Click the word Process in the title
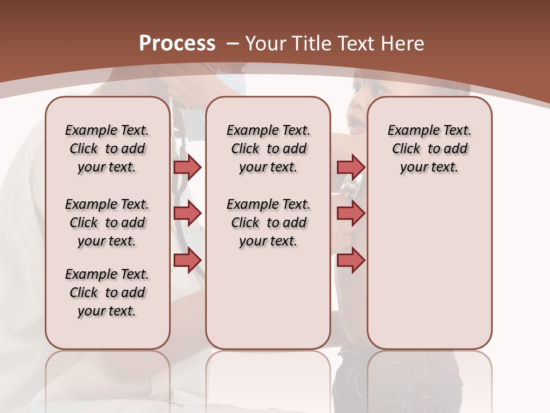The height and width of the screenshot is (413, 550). (x=177, y=44)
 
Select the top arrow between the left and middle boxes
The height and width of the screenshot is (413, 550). (x=187, y=167)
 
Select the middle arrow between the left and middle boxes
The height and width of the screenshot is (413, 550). (x=187, y=213)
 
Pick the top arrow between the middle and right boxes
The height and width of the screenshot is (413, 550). (x=351, y=167)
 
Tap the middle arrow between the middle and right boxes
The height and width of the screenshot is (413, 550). (x=351, y=213)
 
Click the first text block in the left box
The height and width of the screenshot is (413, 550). (x=107, y=149)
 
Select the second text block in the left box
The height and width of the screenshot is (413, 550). (x=107, y=223)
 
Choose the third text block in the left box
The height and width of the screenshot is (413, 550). (x=107, y=293)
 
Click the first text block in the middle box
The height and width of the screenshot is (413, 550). (x=268, y=149)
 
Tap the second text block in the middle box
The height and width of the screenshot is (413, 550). (x=268, y=223)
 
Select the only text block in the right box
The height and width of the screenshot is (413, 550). (x=429, y=149)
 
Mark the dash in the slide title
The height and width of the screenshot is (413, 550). (x=233, y=44)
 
